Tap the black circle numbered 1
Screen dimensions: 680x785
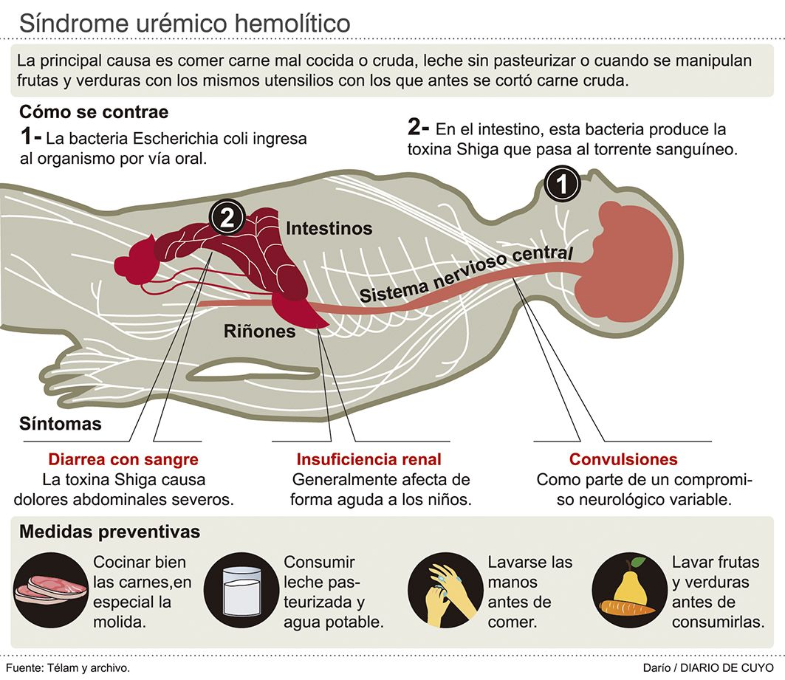563,185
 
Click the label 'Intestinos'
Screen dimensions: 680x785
329,228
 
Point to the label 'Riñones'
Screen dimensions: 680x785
259,332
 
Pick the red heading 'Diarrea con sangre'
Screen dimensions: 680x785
123,459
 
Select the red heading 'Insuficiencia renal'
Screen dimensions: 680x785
368,459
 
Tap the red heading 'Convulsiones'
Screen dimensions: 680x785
623,459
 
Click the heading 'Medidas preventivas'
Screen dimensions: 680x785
110,532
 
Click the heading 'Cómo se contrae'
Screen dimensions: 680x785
94,112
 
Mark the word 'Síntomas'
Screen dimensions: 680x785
61,425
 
